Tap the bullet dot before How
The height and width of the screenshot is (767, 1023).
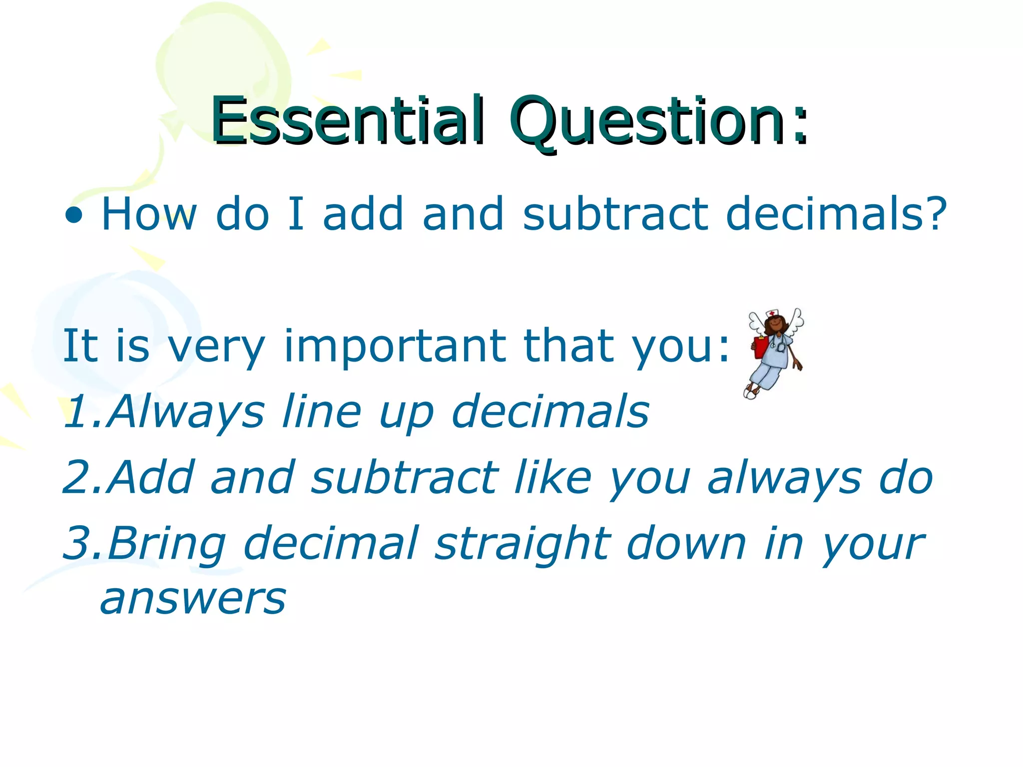click(x=74, y=215)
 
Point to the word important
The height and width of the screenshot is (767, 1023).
click(x=395, y=347)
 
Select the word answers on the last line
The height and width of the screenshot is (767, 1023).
click(x=193, y=599)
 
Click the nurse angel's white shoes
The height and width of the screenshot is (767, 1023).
click(x=750, y=392)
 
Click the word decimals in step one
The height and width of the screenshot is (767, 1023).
click(x=550, y=411)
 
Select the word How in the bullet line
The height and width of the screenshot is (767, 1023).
click(x=149, y=214)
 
